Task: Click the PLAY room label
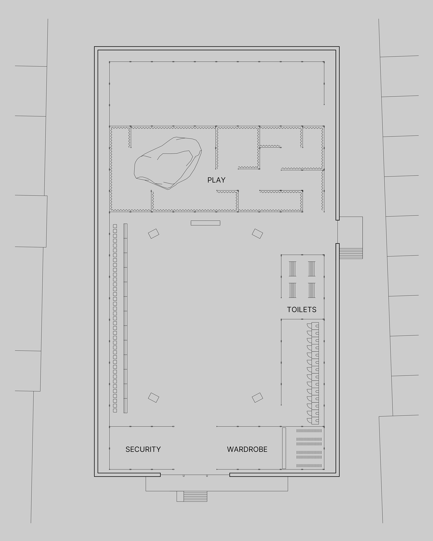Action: click(216, 180)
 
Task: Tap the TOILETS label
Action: click(302, 310)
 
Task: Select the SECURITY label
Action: click(143, 449)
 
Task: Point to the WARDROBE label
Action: click(247, 449)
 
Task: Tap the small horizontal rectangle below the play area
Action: click(205, 223)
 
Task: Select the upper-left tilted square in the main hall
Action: click(154, 234)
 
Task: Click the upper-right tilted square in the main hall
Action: click(257, 234)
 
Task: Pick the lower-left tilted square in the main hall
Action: click(154, 397)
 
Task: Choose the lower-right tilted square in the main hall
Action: click(257, 397)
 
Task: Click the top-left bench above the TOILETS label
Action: click(293, 269)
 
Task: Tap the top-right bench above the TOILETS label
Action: click(311, 269)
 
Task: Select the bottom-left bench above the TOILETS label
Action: click(293, 290)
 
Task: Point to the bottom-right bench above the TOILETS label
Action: click(311, 290)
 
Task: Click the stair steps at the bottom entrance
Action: click(195, 496)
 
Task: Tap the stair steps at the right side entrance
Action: click(351, 253)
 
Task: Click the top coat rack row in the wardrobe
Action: click(309, 431)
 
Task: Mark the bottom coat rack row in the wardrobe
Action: click(309, 466)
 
